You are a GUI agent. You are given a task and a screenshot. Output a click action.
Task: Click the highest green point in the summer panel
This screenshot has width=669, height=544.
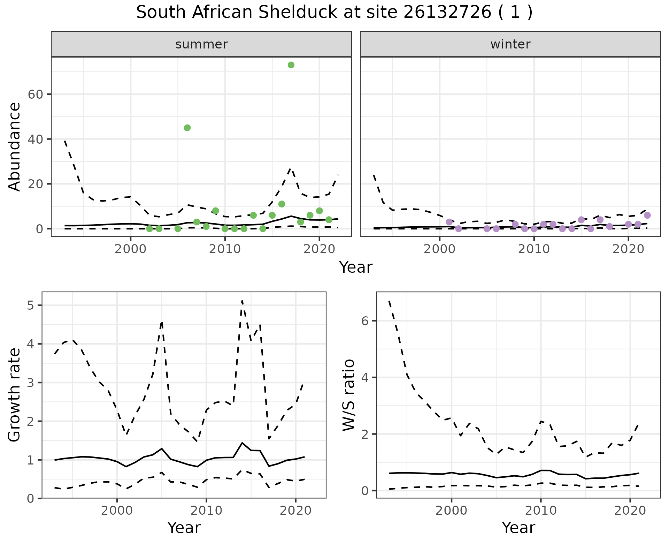tap(291, 65)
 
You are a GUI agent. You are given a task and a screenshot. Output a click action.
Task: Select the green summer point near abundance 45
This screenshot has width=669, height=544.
tap(187, 128)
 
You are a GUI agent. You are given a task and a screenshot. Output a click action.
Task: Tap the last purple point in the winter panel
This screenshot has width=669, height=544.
tap(647, 215)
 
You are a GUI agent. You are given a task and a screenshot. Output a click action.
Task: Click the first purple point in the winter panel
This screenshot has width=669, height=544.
tap(449, 222)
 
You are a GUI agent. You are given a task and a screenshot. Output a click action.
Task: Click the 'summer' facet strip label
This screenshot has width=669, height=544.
tap(201, 44)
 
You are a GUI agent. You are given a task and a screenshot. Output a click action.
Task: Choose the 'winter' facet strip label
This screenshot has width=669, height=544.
tap(510, 44)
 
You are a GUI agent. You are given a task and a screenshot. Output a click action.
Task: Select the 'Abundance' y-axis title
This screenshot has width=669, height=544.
tap(15, 147)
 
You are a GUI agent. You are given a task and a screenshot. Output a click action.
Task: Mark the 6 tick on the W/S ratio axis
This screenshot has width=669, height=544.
tap(365, 321)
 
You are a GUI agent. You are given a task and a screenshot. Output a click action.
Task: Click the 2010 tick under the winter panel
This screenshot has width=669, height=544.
tap(533, 250)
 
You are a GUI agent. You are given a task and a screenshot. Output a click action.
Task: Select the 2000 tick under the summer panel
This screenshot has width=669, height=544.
tap(130, 250)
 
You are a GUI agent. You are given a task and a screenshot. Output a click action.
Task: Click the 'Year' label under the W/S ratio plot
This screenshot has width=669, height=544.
tap(518, 528)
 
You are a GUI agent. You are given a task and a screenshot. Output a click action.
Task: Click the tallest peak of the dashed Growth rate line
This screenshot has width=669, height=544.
tap(242, 300)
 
